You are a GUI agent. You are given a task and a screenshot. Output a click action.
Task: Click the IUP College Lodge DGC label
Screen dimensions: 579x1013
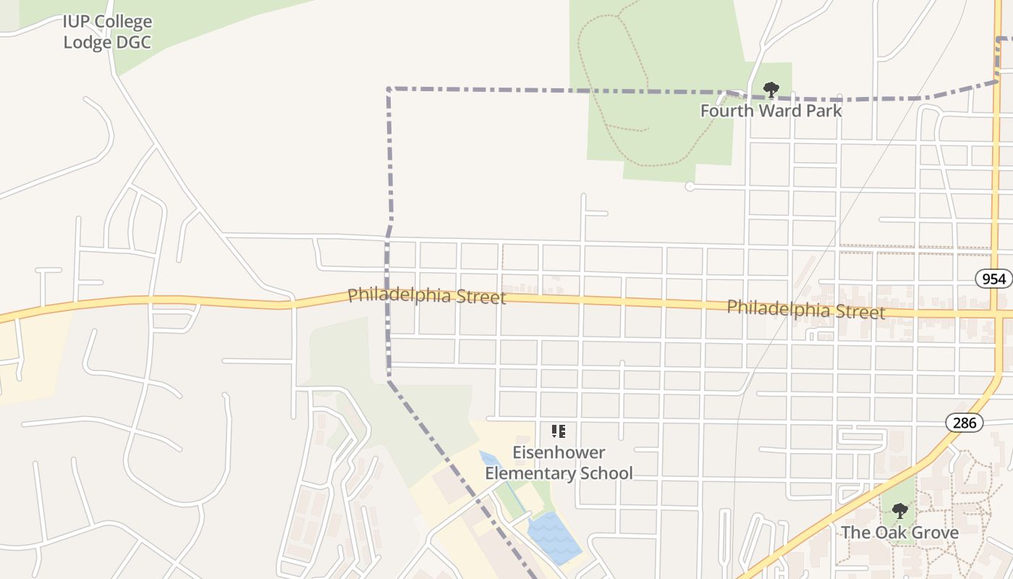pos(107,32)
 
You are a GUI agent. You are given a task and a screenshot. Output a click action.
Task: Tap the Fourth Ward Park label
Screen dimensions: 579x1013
pos(771,111)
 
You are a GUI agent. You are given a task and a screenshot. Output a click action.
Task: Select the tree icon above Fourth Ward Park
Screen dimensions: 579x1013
pos(771,90)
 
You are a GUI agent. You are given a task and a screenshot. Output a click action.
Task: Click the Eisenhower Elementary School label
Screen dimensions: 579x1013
pos(559,463)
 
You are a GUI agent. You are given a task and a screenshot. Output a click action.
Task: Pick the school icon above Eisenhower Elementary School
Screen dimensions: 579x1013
pos(559,431)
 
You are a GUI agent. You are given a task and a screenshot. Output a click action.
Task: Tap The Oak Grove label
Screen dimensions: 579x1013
pos(899,533)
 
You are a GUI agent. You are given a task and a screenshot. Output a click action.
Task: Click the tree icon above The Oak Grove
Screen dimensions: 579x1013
pos(899,512)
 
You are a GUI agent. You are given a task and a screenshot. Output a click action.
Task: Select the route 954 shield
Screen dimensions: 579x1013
pos(993,279)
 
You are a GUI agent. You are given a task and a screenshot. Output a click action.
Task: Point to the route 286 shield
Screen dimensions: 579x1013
pos(965,423)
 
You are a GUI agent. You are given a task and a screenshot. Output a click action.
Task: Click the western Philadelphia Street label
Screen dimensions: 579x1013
pos(426,296)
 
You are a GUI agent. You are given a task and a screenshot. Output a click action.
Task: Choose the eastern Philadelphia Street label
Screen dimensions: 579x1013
pos(805,309)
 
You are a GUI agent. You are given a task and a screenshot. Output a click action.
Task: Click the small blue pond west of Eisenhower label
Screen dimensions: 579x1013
pos(489,459)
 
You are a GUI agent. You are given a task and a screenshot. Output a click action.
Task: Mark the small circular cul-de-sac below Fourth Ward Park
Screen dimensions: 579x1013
pos(690,187)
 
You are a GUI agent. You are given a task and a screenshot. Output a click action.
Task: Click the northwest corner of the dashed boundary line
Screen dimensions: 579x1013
pos(389,89)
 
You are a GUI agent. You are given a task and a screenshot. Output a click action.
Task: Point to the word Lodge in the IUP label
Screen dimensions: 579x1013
pos(86,42)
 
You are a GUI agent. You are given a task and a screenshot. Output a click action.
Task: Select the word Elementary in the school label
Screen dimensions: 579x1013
pos(533,473)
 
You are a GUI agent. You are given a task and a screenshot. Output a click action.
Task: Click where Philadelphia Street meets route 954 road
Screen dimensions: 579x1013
pos(997,313)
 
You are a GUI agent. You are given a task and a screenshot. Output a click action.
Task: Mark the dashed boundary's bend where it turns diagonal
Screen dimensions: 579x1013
pos(389,379)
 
